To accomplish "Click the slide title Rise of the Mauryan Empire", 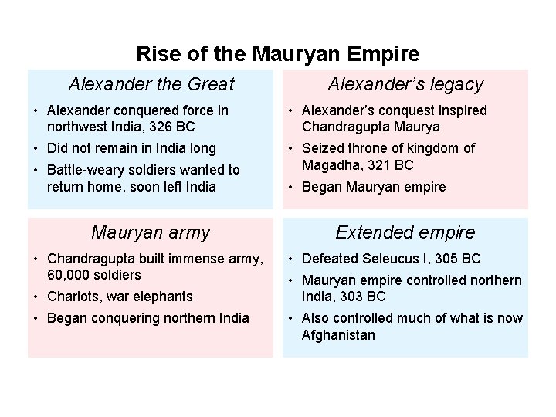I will click(x=278, y=54).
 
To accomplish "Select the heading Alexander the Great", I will click(x=151, y=84).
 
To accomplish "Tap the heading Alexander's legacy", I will click(x=405, y=84).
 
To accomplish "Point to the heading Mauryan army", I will click(x=151, y=232).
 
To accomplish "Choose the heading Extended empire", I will click(x=405, y=232).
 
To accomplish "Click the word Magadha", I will click(x=331, y=165).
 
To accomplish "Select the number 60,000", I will click(x=69, y=275).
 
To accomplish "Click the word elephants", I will click(x=163, y=297).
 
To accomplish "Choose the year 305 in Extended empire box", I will click(x=448, y=259).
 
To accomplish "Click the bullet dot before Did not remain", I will click(x=36, y=148).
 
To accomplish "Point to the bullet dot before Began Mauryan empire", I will click(x=290, y=187).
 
